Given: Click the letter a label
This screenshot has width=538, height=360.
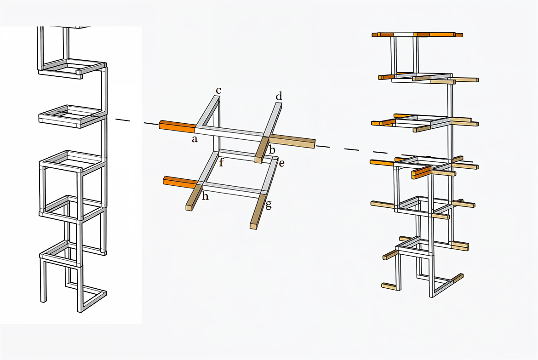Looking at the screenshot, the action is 195,139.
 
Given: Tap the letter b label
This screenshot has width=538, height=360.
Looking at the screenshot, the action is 272,149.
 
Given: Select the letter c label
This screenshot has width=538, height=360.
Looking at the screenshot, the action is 218,91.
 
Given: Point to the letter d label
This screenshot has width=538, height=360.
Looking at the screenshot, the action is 279,96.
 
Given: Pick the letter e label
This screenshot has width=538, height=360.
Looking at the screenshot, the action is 282,163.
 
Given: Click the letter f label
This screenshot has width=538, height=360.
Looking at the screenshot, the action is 221,162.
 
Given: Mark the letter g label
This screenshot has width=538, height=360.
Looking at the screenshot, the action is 269,205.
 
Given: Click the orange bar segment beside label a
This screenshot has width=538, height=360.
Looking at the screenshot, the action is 177,126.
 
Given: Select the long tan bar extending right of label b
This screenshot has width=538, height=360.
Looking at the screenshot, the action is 292,141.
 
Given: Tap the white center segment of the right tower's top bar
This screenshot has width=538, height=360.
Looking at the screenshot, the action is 404,34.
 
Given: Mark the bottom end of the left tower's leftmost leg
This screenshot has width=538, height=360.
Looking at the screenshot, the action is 44,301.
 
